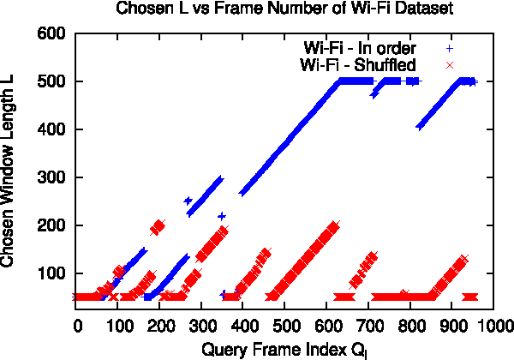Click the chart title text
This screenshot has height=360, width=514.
(273, 10)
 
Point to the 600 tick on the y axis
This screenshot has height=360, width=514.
(55, 33)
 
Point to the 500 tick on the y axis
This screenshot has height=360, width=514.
(55, 81)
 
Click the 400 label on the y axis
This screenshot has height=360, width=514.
(55, 129)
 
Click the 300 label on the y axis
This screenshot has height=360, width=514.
(55, 177)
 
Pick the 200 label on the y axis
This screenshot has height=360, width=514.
(55, 225)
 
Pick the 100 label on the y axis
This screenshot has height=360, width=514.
(55, 273)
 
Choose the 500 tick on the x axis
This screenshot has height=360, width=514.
(286, 327)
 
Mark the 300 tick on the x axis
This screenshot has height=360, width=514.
(203, 327)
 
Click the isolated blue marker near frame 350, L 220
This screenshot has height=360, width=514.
(222, 216)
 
